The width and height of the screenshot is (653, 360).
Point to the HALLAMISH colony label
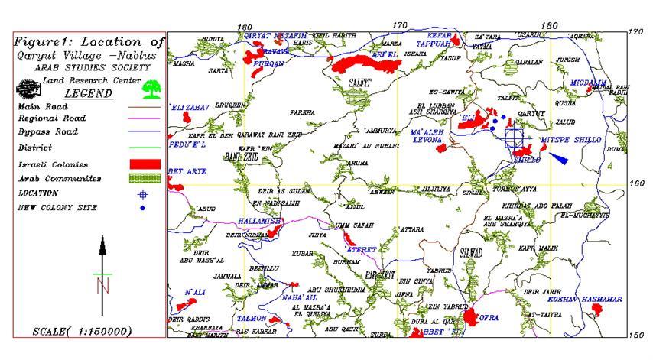click(x=261, y=220)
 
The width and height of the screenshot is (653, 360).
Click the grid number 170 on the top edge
click(x=398, y=25)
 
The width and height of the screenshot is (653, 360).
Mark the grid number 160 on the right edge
click(x=636, y=183)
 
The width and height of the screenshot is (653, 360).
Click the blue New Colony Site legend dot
click(x=142, y=207)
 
